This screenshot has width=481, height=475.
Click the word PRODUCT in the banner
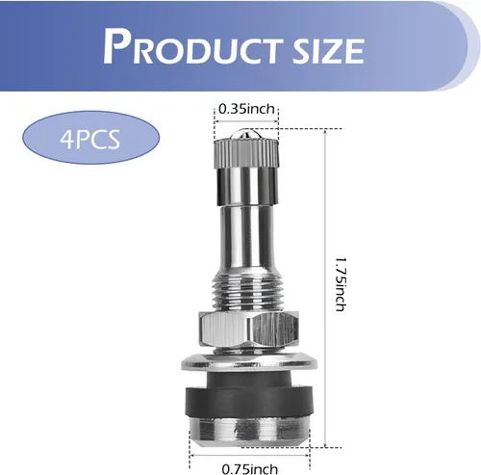pyautogui.click(x=193, y=47)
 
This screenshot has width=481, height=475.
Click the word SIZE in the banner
pyautogui.click(x=329, y=50)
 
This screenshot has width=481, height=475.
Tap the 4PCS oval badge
pyautogui.click(x=90, y=138)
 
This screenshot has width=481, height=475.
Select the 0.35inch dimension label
pyautogui.click(x=246, y=109)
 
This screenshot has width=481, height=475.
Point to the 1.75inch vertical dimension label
pyautogui.click(x=340, y=284)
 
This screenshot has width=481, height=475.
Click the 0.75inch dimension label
pyautogui.click(x=250, y=469)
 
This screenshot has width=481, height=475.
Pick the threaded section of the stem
pyautogui.click(x=247, y=289)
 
